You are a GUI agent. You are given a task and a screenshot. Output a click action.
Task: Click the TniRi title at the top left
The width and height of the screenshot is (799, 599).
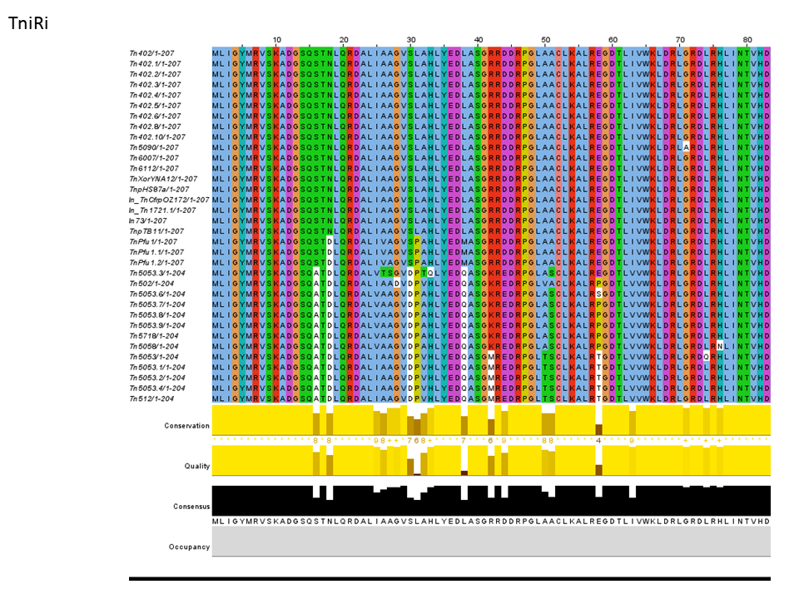click(28, 23)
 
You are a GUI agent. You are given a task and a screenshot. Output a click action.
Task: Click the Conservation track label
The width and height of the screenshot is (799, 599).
click(186, 426)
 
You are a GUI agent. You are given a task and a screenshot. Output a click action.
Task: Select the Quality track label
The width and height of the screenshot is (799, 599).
click(197, 466)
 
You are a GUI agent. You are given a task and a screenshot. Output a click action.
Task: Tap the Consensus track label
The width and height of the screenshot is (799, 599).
click(191, 506)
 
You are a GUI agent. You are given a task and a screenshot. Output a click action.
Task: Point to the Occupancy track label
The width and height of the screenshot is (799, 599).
click(191, 547)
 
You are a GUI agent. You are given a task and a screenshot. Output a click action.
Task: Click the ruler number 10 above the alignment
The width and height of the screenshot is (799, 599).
click(277, 39)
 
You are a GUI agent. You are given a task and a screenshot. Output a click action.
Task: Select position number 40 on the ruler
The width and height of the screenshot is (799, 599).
click(479, 39)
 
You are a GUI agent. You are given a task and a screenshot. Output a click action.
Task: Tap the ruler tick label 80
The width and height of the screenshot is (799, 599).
click(747, 39)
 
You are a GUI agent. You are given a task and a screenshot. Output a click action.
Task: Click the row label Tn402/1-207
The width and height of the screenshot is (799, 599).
click(155, 53)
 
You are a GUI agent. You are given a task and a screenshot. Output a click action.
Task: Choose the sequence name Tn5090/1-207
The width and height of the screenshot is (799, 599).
click(154, 147)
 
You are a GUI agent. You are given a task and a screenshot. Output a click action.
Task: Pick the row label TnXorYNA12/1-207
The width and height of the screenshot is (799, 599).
click(163, 179)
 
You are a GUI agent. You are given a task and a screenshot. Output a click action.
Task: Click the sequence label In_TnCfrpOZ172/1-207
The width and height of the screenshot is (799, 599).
click(169, 200)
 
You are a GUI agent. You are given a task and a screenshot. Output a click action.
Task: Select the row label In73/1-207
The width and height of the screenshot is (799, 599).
click(149, 220)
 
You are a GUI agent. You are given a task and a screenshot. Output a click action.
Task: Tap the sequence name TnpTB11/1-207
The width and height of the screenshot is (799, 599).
click(155, 231)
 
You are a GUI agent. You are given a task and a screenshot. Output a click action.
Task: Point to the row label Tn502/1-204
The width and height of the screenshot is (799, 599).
click(151, 284)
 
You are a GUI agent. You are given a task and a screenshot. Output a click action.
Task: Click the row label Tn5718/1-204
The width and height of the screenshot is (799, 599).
click(154, 336)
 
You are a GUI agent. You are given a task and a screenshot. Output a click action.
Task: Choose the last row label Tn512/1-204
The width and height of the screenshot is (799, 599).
click(151, 399)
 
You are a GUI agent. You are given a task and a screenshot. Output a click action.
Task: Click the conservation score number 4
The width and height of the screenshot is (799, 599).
click(598, 439)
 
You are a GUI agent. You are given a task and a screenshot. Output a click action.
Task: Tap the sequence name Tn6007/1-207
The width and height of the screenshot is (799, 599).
click(154, 158)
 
